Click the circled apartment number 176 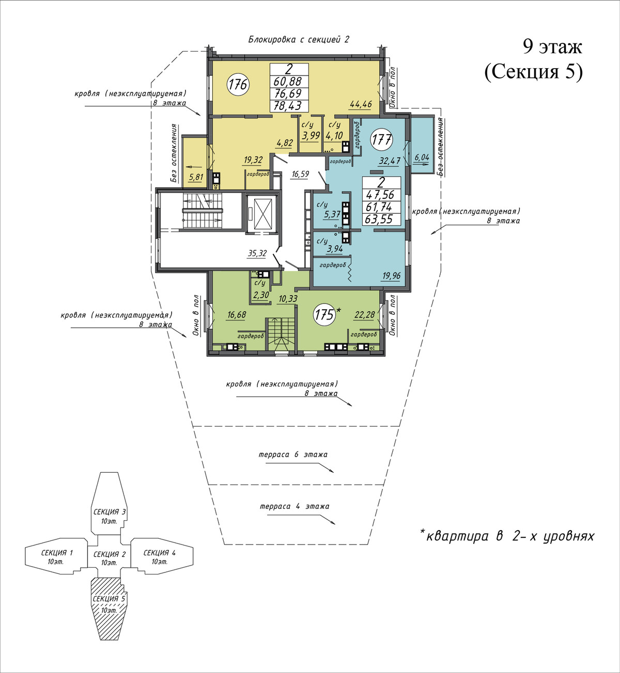(x=239, y=85)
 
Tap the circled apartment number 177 (x=381, y=139)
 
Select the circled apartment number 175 (x=325, y=314)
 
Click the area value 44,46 (x=361, y=104)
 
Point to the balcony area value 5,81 (x=196, y=177)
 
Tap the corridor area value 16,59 (x=300, y=174)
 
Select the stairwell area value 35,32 (x=257, y=253)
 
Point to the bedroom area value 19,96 (x=391, y=276)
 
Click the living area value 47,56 (x=381, y=195)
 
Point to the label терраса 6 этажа (x=293, y=455)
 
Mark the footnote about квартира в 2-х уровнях (x=507, y=536)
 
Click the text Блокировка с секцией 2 (x=299, y=40)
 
